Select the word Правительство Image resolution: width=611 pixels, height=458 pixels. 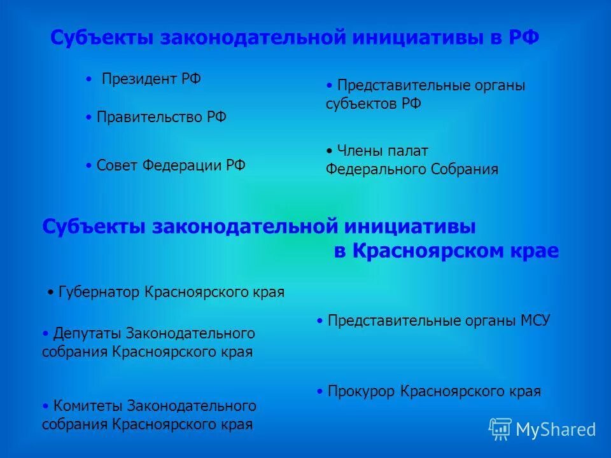pyautogui.click(x=150, y=118)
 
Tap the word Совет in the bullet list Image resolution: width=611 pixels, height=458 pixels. pyautogui.click(x=116, y=165)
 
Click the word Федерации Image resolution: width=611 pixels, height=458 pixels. pyautogui.click(x=181, y=165)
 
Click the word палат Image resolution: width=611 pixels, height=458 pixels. pyautogui.click(x=409, y=151)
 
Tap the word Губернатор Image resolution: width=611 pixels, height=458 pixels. pyautogui.click(x=99, y=293)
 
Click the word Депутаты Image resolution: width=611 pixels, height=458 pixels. pyautogui.click(x=88, y=333)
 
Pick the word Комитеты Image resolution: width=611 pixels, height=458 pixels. pyautogui.click(x=88, y=406)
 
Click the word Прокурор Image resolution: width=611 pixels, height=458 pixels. pyautogui.click(x=362, y=392)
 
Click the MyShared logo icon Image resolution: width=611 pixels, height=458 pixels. pyautogui.click(x=500, y=429)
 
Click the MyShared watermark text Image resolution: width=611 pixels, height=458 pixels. pyautogui.click(x=556, y=430)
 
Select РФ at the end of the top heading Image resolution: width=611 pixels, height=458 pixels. pyautogui.click(x=523, y=38)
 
